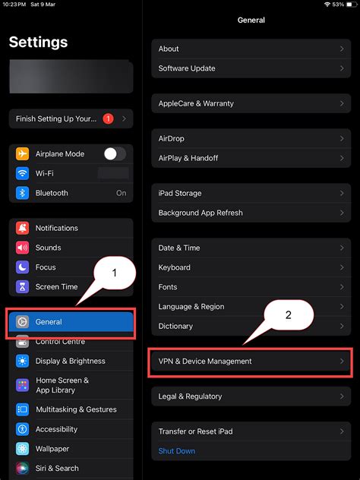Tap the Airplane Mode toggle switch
coord(115,153)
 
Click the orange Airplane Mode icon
coord(22,153)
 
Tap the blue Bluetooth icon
coord(22,193)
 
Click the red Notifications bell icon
coord(22,228)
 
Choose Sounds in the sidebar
coord(48,248)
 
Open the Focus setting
coord(46,267)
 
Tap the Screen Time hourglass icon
coord(22,287)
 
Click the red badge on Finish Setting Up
coord(108,118)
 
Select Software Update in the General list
coord(187,68)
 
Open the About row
coord(169,49)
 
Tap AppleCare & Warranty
coord(196,103)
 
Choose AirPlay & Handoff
coord(188,158)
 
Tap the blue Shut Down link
coord(176,451)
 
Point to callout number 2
coord(288,315)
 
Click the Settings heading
coord(38,43)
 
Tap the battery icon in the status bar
coord(351,5)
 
